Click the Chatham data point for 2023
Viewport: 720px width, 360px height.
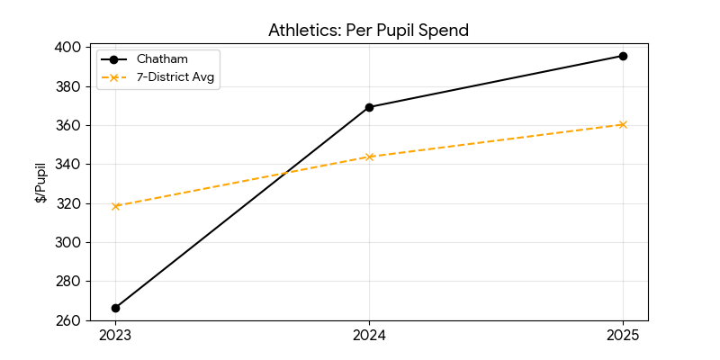[115, 308]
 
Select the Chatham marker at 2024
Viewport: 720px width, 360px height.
[369, 107]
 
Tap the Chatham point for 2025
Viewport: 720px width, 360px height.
[623, 56]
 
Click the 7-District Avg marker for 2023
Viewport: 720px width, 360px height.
[115, 206]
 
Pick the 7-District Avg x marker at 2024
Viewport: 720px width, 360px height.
[369, 157]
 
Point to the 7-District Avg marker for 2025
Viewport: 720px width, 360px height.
[623, 124]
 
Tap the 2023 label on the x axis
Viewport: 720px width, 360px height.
[115, 336]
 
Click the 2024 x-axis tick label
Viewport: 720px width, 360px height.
[369, 336]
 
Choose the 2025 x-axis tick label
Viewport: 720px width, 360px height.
[623, 336]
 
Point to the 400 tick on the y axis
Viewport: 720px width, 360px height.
[68, 47]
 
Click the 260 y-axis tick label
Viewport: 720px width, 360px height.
[68, 320]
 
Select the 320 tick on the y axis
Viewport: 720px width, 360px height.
[68, 203]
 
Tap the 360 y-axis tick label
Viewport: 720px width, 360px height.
[68, 125]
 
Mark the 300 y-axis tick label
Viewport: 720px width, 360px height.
[68, 242]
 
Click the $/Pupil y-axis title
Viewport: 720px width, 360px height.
[40, 183]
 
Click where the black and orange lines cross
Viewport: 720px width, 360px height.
[286, 173]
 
